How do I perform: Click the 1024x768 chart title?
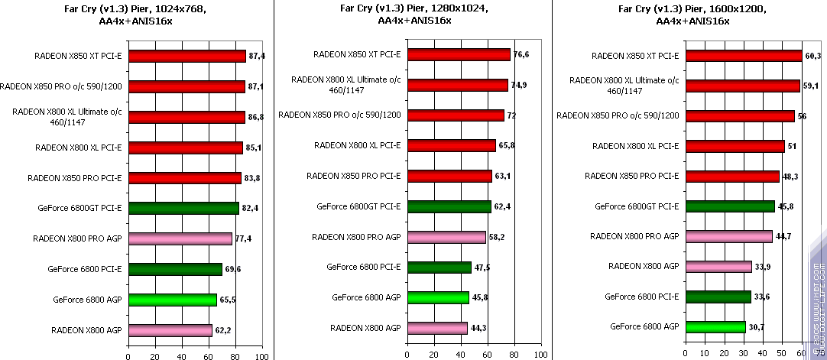tap(136, 15)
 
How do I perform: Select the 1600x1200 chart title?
tap(692, 15)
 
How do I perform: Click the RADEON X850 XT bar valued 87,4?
tap(186, 56)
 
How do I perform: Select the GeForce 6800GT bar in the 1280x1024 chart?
tap(449, 206)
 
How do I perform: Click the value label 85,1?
tap(253, 148)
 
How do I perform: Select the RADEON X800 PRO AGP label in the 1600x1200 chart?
tap(634, 236)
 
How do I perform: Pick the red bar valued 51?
tap(735, 146)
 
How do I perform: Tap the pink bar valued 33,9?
tap(718, 267)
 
